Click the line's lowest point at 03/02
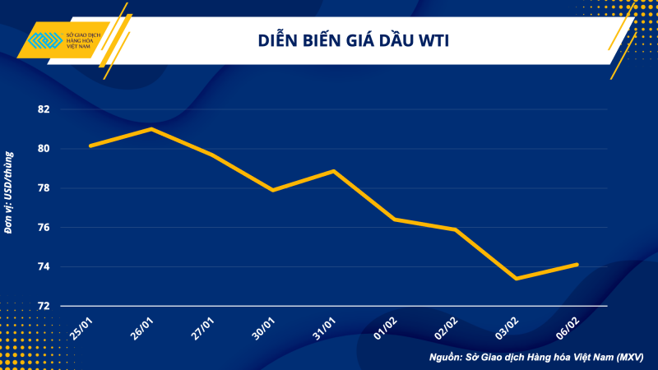pos(517,279)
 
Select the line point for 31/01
pos(333,171)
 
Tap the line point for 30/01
pos(272,190)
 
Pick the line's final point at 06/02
pos(577,265)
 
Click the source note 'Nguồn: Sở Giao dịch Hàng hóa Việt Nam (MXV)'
pos(536,358)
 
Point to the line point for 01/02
pos(394,220)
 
